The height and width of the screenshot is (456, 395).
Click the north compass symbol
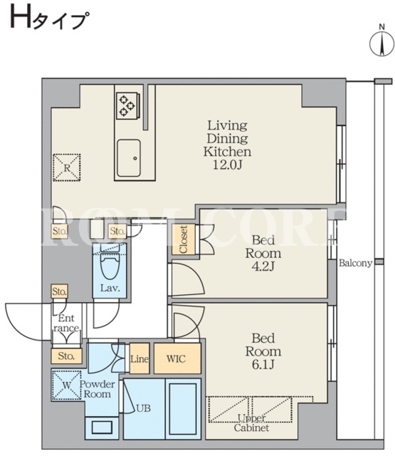(x=381, y=43)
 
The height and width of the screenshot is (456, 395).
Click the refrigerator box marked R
(x=67, y=168)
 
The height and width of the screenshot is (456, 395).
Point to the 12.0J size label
(x=227, y=165)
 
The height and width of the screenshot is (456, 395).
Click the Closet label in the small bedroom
(x=184, y=239)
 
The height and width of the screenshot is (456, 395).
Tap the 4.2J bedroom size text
(x=263, y=266)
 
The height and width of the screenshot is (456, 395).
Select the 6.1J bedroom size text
(x=263, y=364)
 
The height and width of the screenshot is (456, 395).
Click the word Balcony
(x=356, y=263)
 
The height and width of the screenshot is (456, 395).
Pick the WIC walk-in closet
(x=177, y=358)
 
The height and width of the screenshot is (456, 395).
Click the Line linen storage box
(x=139, y=358)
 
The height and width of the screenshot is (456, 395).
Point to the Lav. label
(x=110, y=289)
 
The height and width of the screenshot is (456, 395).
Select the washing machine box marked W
(x=66, y=385)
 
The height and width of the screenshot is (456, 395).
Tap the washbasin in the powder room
(x=102, y=427)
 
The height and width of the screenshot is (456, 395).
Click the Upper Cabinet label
(x=251, y=423)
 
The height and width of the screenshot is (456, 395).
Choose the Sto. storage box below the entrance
(x=66, y=356)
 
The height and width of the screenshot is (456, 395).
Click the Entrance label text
(x=66, y=323)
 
